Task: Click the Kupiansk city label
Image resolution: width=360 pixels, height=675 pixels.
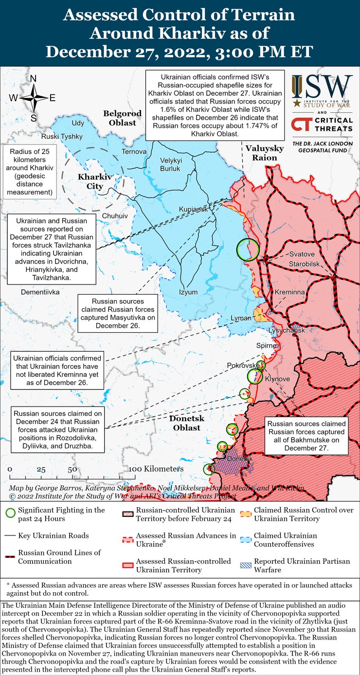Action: tap(193, 209)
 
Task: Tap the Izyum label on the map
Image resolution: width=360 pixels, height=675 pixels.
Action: tap(189, 292)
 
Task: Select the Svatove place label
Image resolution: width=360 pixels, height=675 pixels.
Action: tap(302, 254)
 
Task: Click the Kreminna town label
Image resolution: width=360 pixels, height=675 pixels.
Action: tap(289, 292)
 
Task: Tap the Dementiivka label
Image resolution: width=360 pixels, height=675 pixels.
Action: tap(40, 292)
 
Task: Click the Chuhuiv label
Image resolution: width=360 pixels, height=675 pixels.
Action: tap(115, 215)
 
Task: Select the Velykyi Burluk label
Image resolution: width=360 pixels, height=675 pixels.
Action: tap(170, 164)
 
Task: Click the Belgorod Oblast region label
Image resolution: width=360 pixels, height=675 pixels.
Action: tap(122, 118)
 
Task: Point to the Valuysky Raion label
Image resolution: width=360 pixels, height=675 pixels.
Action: tap(261, 153)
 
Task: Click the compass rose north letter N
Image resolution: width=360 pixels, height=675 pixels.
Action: tap(33, 79)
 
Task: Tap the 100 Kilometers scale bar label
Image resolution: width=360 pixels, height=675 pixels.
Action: tap(156, 469)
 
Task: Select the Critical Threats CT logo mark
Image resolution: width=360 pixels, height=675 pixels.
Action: tap(301, 124)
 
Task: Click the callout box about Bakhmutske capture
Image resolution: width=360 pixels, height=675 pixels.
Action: tap(306, 435)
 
